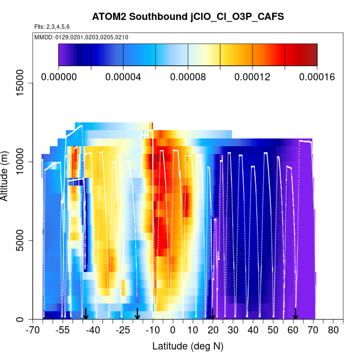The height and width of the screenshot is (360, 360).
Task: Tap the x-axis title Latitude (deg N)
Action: click(x=187, y=346)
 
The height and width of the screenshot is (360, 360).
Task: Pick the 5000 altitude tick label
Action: click(x=20, y=241)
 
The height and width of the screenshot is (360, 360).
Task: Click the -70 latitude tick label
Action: click(x=33, y=331)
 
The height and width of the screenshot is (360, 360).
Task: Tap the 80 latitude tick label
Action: click(x=333, y=331)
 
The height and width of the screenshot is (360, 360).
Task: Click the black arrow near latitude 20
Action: click(x=213, y=314)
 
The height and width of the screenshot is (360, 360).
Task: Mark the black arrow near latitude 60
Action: click(x=295, y=314)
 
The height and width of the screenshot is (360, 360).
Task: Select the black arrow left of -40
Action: click(x=85, y=314)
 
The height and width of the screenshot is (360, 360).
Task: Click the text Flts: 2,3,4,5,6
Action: click(x=52, y=27)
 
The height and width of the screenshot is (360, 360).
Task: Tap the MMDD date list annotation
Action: click(x=81, y=37)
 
